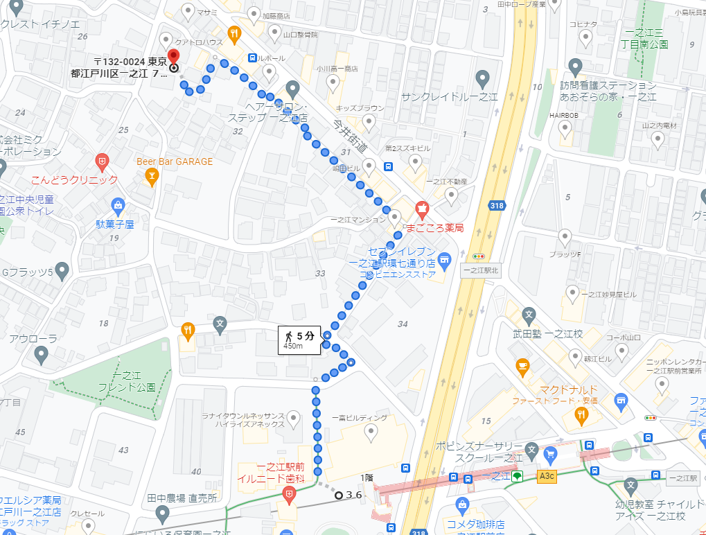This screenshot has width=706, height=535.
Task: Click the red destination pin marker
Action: [173, 57]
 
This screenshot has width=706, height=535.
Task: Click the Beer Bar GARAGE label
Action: [175, 161]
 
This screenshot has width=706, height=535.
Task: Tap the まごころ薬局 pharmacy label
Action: [434, 227]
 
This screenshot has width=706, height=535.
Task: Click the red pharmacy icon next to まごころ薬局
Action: [421, 207]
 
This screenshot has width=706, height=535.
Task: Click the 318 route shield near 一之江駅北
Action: [496, 206]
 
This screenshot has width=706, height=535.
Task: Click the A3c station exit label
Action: [547, 476]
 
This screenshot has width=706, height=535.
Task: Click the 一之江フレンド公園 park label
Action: [126, 381]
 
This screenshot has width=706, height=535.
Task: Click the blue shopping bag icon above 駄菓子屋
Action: [118, 205]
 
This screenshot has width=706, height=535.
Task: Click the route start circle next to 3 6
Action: [338, 495]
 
